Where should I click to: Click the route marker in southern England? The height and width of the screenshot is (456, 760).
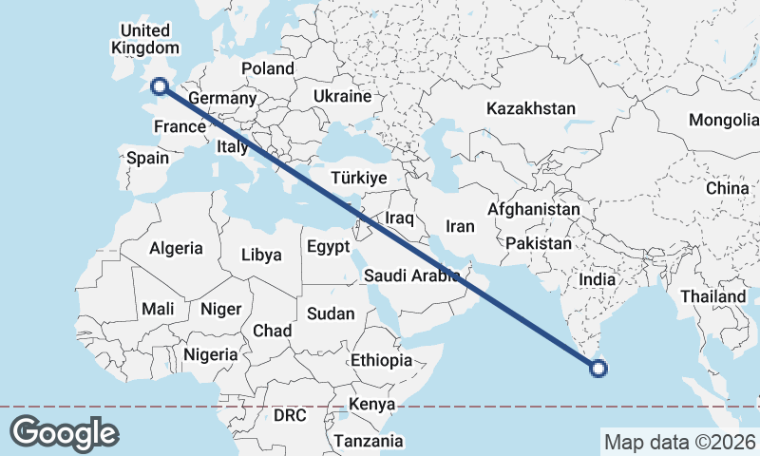point(160,86)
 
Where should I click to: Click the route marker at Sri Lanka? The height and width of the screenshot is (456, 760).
point(598,370)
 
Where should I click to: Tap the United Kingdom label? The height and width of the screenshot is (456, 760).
point(144,39)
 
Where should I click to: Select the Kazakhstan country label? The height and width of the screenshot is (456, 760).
point(531,109)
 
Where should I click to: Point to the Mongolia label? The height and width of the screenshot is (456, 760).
point(725,120)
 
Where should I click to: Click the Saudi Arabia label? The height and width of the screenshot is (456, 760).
point(412,276)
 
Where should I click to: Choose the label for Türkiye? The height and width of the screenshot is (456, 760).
point(358,178)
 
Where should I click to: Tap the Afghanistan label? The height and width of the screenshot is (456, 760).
point(533,209)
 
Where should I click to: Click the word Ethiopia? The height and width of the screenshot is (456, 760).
point(381,360)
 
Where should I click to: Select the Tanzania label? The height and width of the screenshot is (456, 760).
point(368,441)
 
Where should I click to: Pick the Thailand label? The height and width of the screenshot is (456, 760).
point(712,296)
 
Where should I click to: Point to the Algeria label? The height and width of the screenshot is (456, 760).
point(176,248)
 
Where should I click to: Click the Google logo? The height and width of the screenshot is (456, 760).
point(64,433)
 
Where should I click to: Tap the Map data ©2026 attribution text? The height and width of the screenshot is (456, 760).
point(679,442)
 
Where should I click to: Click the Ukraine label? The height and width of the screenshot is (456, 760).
point(342,97)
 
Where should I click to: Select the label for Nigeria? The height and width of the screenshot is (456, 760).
point(210,354)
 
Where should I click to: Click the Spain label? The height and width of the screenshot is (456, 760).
point(147,159)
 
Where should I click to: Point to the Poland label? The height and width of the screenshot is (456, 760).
point(268,68)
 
